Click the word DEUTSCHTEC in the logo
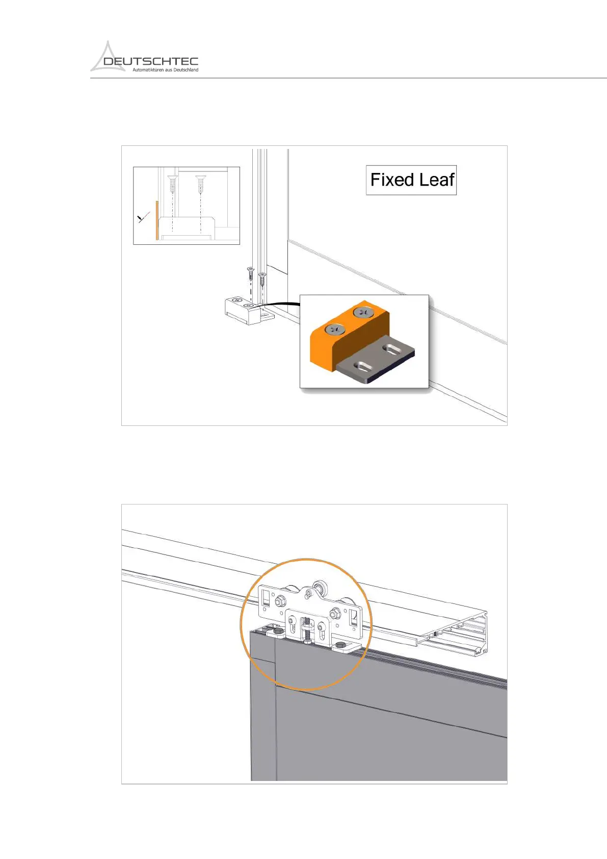tap(151, 62)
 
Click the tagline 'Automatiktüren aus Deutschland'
tap(165, 70)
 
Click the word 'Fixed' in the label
tap(392, 180)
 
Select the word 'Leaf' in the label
tap(437, 180)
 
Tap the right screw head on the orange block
tap(363, 312)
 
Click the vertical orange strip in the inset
tap(157, 220)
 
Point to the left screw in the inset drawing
tap(172, 183)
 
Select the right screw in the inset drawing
tap(200, 182)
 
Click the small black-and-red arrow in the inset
tap(142, 218)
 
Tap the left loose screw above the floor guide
tap(250, 273)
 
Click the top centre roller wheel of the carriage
tap(321, 586)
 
